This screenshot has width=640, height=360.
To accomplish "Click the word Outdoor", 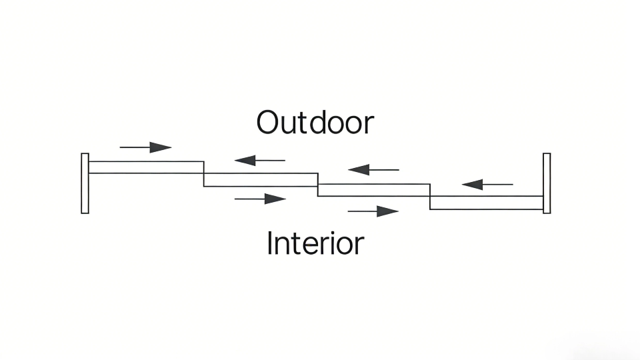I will (x=315, y=123).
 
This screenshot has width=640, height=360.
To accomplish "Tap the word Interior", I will (x=315, y=243).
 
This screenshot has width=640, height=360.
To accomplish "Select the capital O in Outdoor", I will (x=268, y=123).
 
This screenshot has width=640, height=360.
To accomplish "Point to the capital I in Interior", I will (x=269, y=243).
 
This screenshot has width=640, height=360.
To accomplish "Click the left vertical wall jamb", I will (x=85, y=183).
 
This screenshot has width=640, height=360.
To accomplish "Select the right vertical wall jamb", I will (x=547, y=183).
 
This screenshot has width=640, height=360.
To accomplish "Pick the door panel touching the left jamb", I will (x=146, y=167).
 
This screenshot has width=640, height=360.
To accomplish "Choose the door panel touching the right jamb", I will (x=487, y=203).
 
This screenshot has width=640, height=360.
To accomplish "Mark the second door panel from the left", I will (x=261, y=180).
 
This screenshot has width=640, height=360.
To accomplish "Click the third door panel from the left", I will (x=373, y=190).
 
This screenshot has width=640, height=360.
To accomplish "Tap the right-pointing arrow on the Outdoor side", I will (x=145, y=147).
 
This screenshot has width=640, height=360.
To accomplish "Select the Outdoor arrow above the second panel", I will (x=259, y=160).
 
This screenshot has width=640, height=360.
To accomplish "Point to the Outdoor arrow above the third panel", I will (x=373, y=170).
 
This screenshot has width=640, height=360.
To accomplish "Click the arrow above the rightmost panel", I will (x=487, y=184).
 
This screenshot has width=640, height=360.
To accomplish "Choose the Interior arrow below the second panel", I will (x=260, y=199).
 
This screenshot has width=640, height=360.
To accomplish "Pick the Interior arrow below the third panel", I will (x=373, y=211).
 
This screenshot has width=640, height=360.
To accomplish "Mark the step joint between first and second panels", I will (x=204, y=173).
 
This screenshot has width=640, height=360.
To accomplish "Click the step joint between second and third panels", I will (x=317, y=185).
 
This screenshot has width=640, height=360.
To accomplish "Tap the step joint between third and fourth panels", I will (x=430, y=196).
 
